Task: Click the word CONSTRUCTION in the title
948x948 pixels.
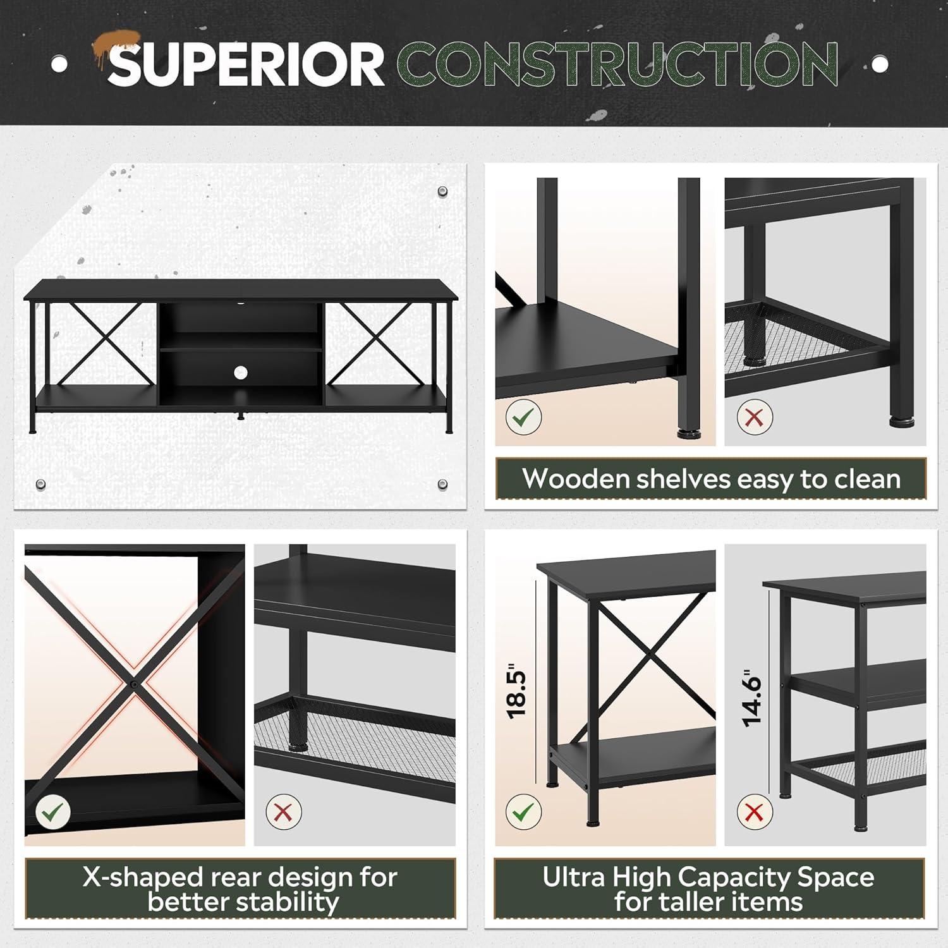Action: pos(621,64)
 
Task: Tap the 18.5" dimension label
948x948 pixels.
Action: pos(517,690)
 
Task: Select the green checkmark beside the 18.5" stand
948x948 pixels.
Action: pos(523,811)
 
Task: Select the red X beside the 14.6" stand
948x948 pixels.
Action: pos(755,811)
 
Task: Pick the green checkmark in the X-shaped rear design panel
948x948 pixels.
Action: pos(53,811)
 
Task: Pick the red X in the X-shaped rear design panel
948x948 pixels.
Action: pos(283,811)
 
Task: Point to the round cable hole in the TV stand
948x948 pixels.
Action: pos(240,373)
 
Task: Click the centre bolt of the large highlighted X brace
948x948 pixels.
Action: pos(135,684)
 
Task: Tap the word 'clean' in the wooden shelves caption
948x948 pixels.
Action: pos(867,479)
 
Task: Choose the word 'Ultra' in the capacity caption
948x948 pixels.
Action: pos(573,877)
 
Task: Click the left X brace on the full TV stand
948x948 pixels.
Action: pos(102,344)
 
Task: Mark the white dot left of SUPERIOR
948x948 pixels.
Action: pos(59,64)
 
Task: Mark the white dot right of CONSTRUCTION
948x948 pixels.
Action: pos(880,64)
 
